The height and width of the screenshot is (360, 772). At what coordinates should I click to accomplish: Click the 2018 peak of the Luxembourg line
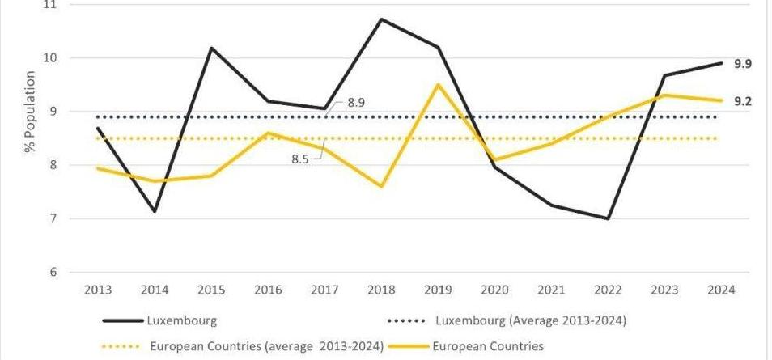381,19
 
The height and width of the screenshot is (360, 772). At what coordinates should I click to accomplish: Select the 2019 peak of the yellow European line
438,84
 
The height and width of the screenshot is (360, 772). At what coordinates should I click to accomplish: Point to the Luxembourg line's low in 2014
154,212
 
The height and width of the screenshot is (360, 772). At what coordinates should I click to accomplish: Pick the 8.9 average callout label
356,103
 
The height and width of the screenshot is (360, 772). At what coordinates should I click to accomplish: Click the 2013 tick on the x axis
97,290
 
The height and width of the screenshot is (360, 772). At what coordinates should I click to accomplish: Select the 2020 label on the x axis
494,290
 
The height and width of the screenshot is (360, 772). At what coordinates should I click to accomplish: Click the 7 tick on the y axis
53,218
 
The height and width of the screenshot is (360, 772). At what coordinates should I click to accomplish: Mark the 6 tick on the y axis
53,272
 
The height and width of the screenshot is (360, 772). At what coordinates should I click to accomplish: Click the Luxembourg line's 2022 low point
608,218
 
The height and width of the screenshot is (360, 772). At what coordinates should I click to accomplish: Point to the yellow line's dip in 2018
381,186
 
